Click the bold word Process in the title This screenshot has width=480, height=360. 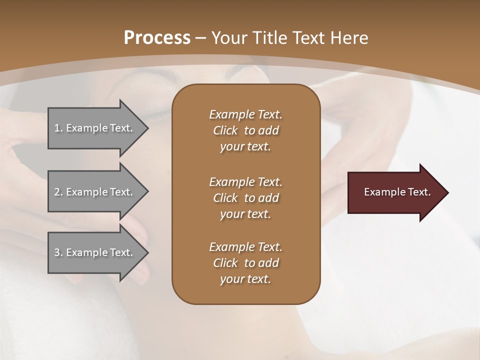tap(157, 38)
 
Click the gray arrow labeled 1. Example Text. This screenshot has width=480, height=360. tap(95, 128)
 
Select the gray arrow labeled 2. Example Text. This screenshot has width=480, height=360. tap(95, 192)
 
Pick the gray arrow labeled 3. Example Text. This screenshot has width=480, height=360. tap(95, 252)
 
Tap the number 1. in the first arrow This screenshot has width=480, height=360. tap(58, 128)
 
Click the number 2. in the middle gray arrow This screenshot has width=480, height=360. tap(58, 192)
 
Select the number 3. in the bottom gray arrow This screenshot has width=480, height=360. tap(58, 252)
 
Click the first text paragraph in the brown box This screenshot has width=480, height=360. tap(245, 130)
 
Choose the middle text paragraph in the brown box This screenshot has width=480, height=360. tap(245, 197)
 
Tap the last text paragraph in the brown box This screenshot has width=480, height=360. tap(245, 263)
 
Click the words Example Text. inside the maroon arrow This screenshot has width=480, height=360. tap(397, 192)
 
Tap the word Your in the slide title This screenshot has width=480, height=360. tap(228, 38)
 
